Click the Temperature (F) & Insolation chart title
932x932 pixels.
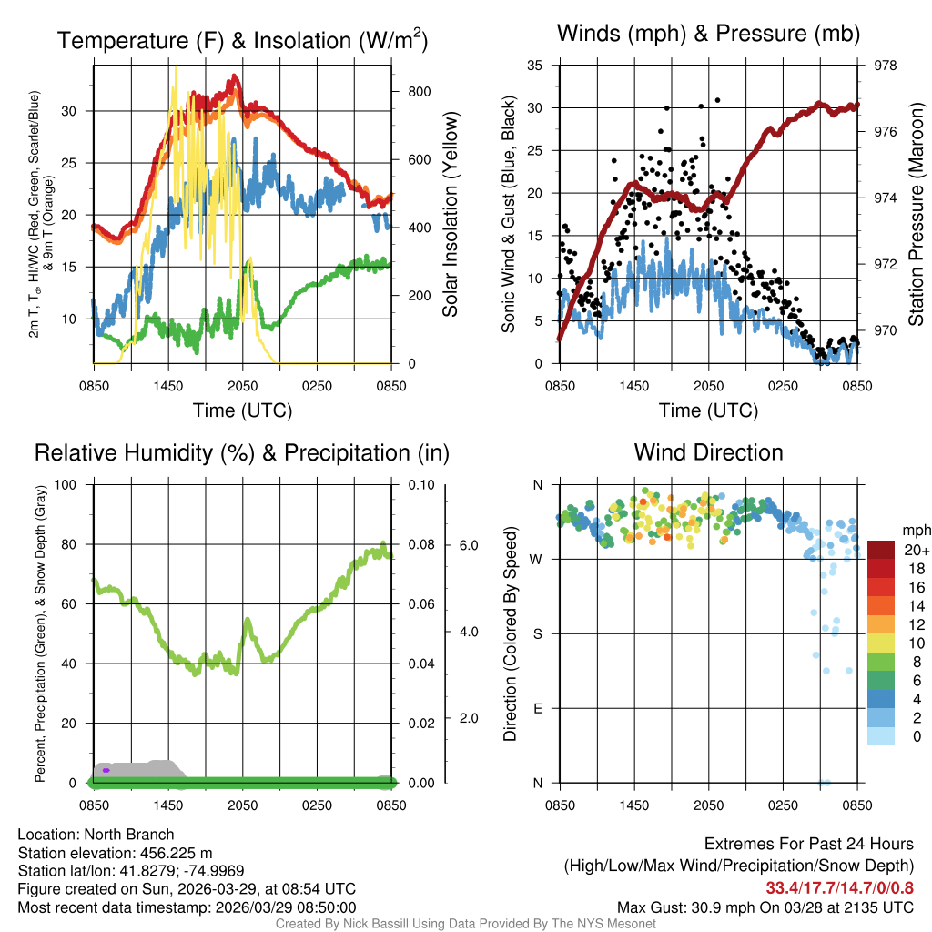pos(242,40)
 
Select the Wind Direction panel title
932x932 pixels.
pos(708,452)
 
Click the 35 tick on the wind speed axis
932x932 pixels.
pos(535,66)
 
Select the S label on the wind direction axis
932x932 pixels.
pos(539,633)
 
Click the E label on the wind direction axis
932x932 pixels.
pos(539,708)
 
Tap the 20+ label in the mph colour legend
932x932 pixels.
pos(915,550)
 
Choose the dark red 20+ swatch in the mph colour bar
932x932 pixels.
pos(881,550)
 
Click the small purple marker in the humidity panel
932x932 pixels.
pos(106,770)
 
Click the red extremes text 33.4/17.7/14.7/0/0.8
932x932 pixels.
pos(839,888)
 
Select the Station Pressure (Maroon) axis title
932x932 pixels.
pos(917,200)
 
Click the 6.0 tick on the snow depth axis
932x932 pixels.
pos(467,545)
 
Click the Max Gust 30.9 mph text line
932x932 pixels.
pos(765,907)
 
